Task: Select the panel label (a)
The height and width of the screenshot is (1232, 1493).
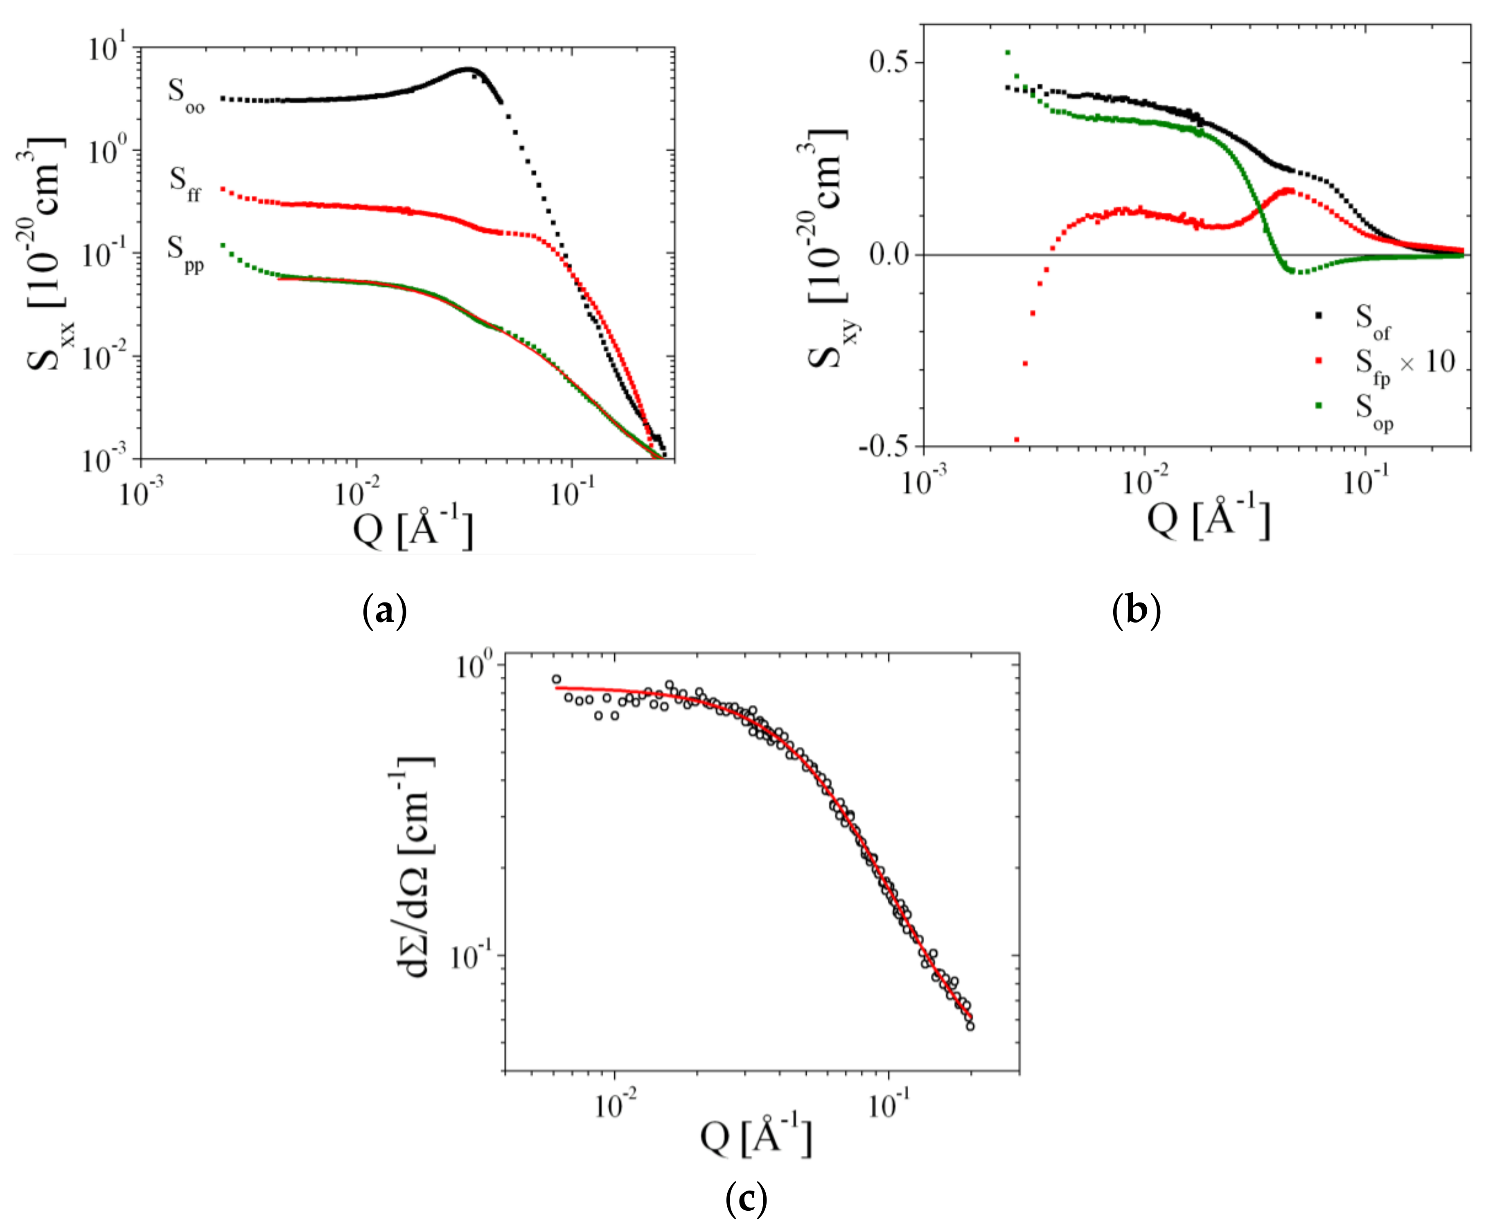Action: (384, 610)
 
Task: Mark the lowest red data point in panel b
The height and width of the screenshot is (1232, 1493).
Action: (1016, 440)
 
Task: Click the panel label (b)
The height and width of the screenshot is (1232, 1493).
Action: (1136, 610)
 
